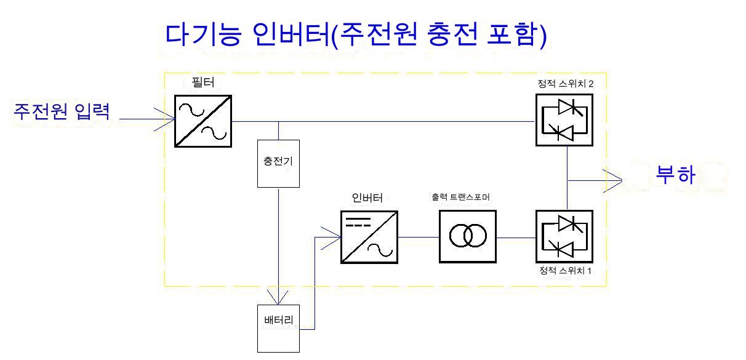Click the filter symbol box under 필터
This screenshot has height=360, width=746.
coord(203,121)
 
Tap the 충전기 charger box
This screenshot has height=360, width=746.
coord(279,163)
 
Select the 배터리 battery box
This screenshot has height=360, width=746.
coord(278,329)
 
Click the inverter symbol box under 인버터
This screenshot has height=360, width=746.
coord(369,237)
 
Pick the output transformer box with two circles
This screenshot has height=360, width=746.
coord(468,236)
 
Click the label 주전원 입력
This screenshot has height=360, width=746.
coord(62,111)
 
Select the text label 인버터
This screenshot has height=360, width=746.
coord(367,198)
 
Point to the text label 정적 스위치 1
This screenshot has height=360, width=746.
coord(565,271)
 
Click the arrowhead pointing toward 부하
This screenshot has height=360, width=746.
coord(616,180)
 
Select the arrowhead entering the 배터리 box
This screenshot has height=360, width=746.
coord(279,299)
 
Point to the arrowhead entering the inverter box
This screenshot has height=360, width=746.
coord(334,236)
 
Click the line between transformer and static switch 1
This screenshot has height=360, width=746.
coord(516,237)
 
